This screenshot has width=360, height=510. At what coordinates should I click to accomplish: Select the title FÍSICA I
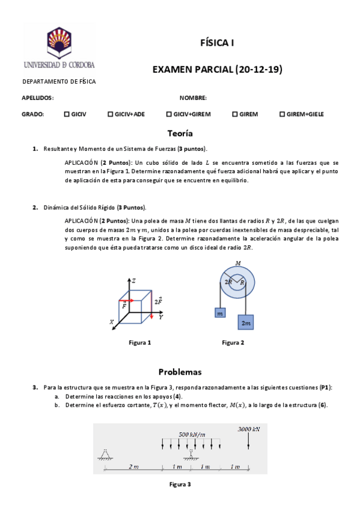coord(217,43)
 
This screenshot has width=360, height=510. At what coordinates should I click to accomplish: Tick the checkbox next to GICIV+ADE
coord(110,114)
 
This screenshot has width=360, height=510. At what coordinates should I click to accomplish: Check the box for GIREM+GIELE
coord(282,114)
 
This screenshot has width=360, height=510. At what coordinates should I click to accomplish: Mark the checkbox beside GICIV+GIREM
coord(168,114)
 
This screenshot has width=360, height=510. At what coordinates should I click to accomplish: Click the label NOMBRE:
coord(193,97)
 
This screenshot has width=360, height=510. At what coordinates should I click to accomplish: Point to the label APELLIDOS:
coord(38,97)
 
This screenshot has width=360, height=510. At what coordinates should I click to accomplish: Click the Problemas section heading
coord(180,372)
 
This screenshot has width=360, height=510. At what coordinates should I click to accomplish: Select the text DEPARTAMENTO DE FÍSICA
coord(59,82)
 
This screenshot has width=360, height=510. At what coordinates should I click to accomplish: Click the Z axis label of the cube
coord(133,281)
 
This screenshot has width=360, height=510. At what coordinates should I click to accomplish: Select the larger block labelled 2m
coord(246,322)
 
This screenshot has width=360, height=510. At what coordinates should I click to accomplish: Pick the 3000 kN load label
coord(248,429)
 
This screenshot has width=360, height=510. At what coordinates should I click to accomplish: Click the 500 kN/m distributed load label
coord(192,434)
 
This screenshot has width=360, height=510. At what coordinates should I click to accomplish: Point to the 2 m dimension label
coord(133,467)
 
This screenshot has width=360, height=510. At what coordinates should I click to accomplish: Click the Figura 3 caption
coord(180,484)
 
